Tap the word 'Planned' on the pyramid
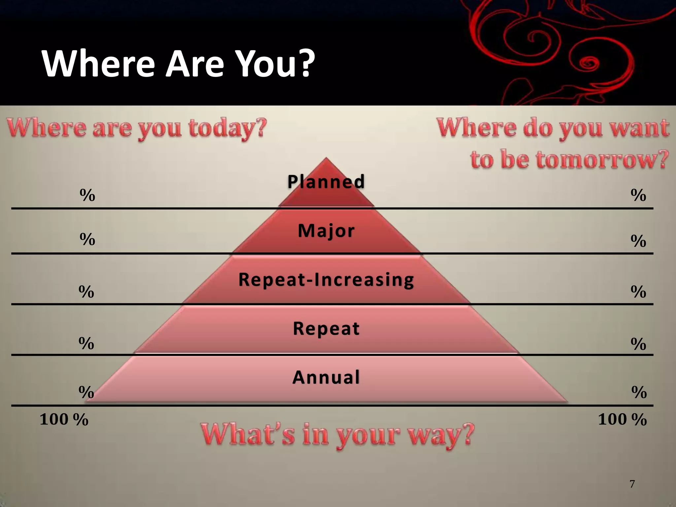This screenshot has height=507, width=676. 326,182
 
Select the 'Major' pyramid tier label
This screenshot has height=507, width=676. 326,231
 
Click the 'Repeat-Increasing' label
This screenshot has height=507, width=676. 326,280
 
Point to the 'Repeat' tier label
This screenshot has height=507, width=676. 326,328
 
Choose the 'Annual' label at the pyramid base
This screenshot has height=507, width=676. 326,377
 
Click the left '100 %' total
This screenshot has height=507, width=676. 64,420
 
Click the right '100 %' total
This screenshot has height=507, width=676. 622,420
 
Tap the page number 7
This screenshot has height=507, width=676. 632,484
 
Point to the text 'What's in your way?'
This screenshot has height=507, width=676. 337,435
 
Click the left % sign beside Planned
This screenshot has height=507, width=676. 87,195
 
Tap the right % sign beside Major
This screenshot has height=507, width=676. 638,241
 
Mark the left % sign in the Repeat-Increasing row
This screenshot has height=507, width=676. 86,292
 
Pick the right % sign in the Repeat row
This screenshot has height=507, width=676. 638,344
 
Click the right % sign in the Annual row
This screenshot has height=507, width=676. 639,392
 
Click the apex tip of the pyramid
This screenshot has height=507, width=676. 326,158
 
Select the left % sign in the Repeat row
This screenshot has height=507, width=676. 86,344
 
